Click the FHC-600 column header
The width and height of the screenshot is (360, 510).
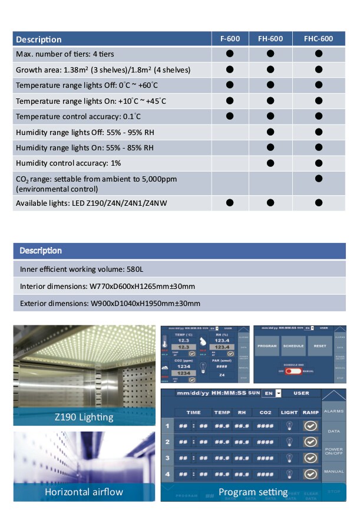(318, 39)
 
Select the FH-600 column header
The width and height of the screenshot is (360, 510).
(270, 39)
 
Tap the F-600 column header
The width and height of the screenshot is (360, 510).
(230, 39)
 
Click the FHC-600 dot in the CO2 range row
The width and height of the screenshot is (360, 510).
(319, 178)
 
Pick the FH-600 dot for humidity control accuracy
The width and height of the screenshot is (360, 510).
(270, 162)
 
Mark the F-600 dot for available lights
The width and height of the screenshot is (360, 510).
(230, 203)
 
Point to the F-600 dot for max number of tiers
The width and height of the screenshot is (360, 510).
(230, 54)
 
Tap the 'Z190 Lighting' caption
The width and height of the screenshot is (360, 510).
(84, 417)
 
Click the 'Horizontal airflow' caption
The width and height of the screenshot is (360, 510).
(84, 492)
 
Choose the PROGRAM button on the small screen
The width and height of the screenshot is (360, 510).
(267, 346)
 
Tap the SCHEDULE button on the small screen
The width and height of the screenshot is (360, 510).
(293, 346)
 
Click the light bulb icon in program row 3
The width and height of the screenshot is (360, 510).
(290, 458)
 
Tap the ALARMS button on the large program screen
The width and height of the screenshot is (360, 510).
(334, 411)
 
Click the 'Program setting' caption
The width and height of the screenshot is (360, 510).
(253, 492)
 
